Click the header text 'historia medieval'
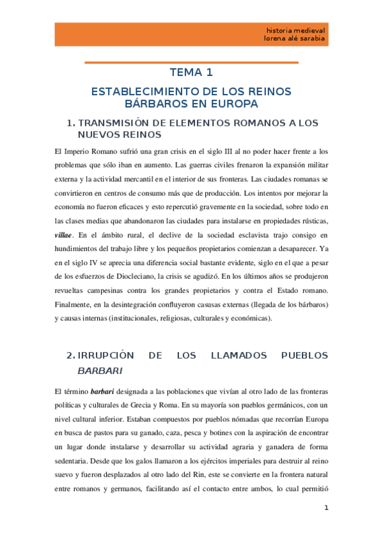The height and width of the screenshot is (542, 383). coord(295,29)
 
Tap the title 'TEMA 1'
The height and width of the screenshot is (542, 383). coord(191,72)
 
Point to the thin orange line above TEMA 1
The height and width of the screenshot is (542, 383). coord(191,62)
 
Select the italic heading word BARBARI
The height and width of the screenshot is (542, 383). coord(99,370)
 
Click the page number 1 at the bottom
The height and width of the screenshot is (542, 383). coord(327,508)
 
